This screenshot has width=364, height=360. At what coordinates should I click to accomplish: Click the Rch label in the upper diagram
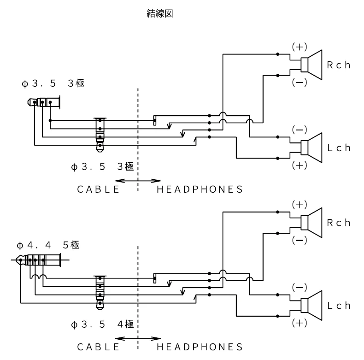pos(339,65)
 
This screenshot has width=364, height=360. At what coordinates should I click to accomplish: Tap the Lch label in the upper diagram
pos(339,148)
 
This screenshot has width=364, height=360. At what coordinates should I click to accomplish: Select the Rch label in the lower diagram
pos(339,222)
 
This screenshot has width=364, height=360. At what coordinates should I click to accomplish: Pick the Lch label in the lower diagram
pos(339,305)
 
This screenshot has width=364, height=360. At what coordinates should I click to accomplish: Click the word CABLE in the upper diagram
pos(98,189)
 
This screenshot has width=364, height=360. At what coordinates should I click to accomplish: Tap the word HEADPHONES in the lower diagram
pos(200,346)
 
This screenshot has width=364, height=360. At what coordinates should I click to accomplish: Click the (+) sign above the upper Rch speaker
pos(299,47)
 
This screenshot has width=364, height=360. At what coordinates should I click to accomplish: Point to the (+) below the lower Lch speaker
pos(299,322)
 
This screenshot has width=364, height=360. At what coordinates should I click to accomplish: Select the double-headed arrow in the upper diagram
pos(138,180)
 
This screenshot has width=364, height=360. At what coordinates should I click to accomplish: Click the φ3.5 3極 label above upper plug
pos(53,84)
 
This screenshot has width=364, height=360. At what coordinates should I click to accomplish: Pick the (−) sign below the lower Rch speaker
pos(299,240)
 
